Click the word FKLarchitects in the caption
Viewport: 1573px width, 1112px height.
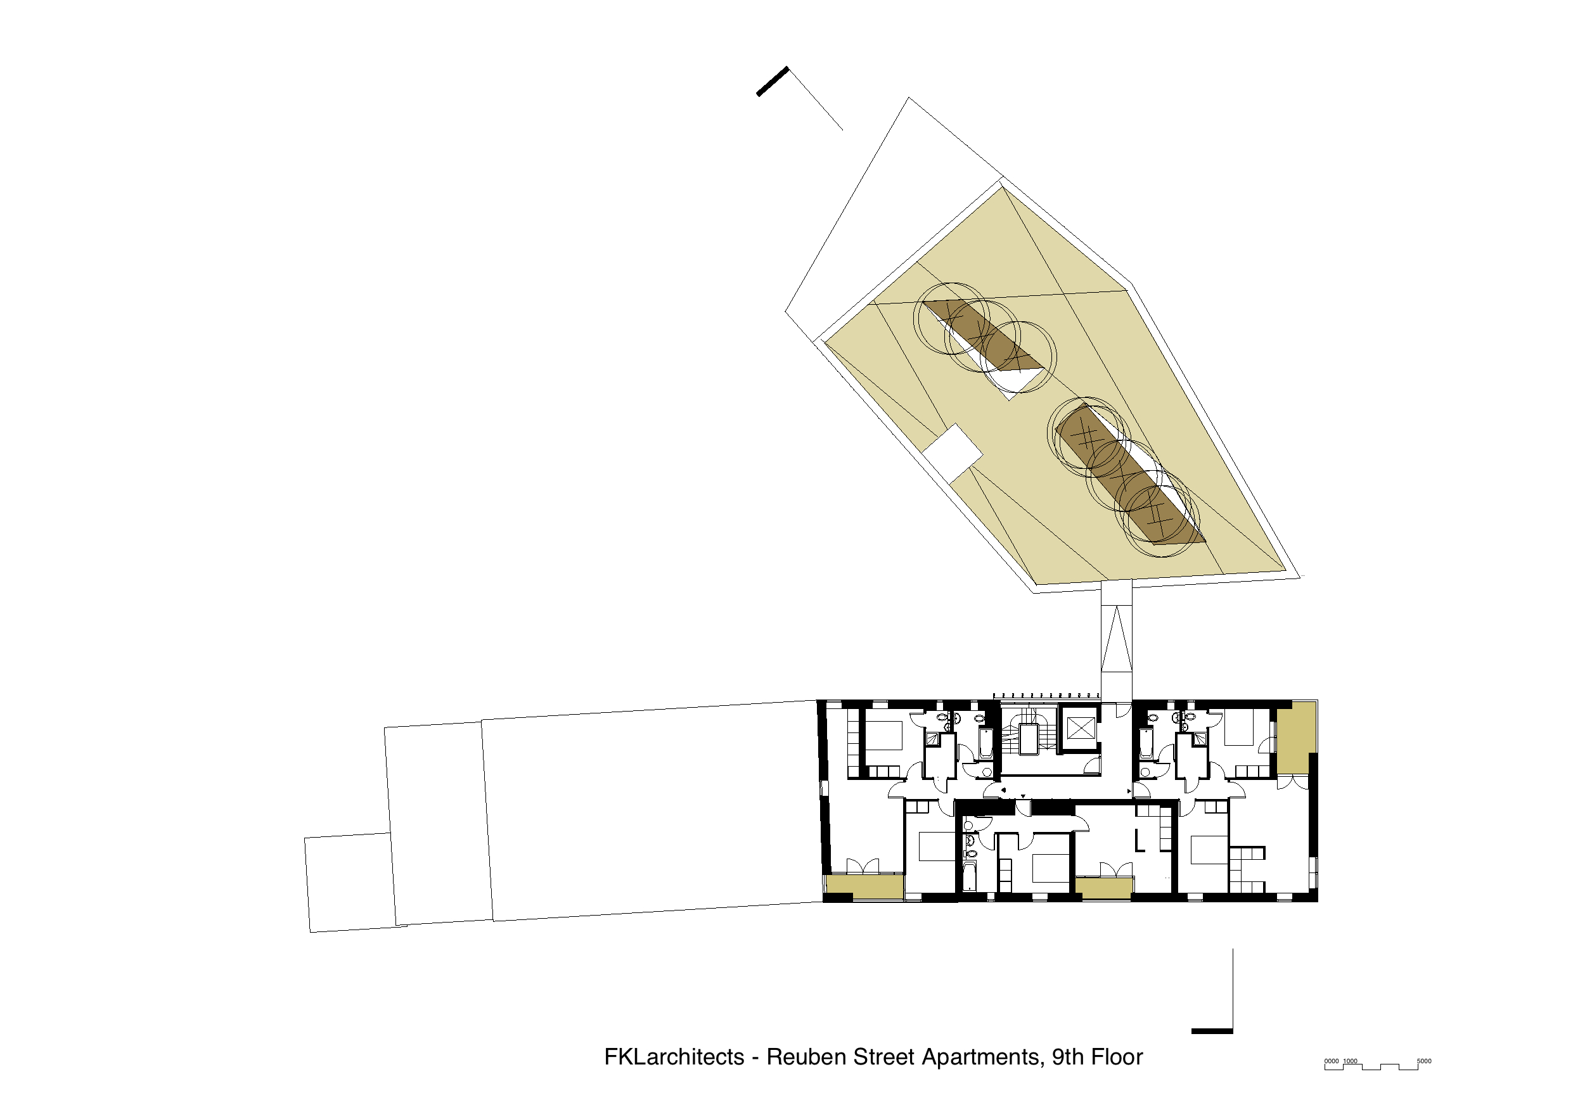click(x=674, y=1056)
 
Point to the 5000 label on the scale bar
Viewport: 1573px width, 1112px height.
click(x=1423, y=1061)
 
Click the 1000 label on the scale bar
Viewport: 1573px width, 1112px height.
click(x=1350, y=1061)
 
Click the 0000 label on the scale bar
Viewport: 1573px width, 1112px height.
click(x=1331, y=1061)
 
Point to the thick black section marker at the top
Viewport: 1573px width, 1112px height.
click(x=772, y=82)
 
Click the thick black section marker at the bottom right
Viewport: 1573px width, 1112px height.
click(x=1212, y=1030)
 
